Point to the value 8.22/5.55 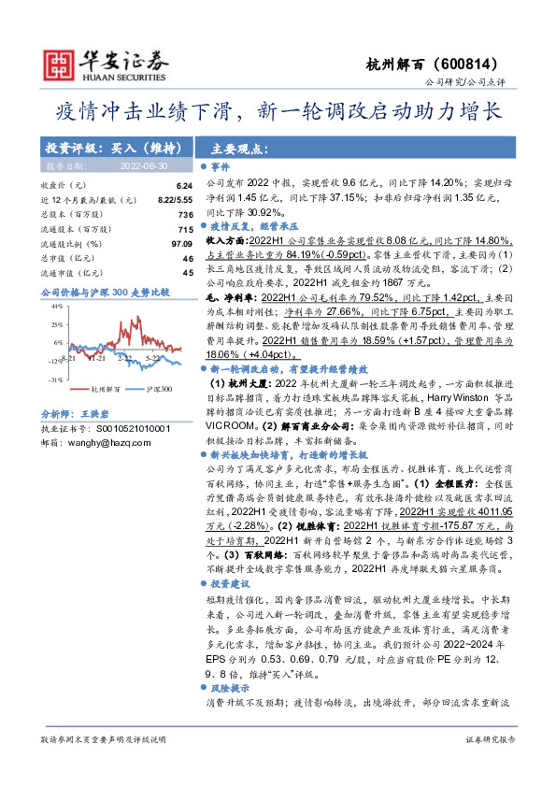174,200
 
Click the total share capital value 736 186,214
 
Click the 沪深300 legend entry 160,389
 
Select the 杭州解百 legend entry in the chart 103,389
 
